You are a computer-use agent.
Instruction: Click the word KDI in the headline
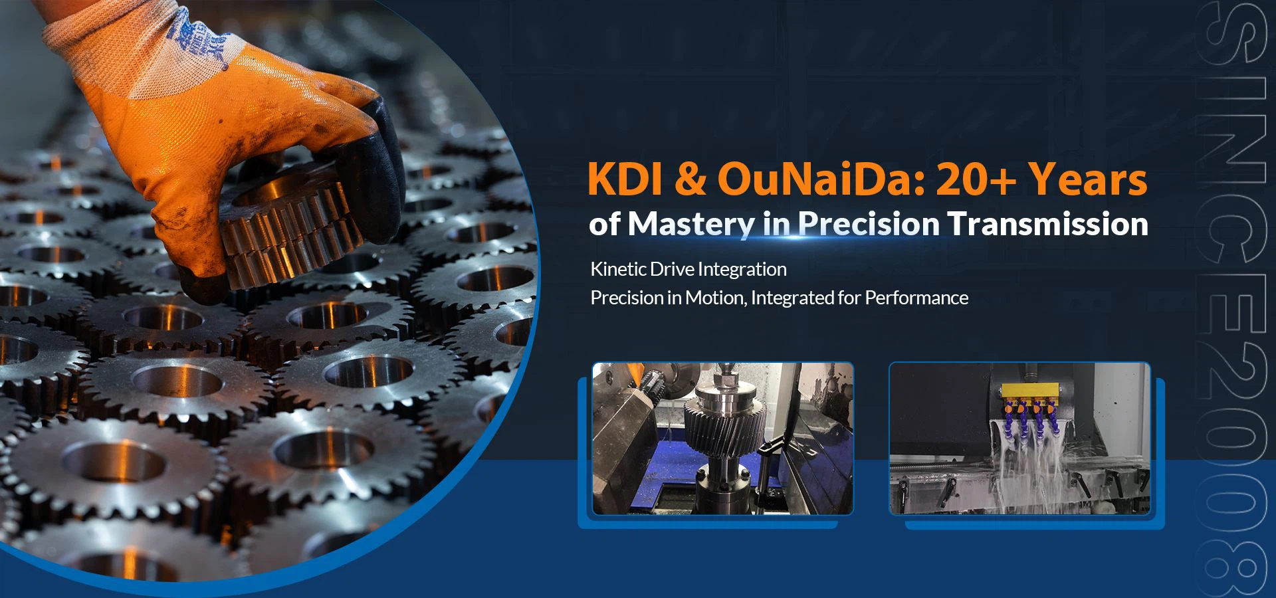point(626,179)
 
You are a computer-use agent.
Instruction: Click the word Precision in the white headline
point(869,224)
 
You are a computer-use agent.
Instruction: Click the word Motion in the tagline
point(715,298)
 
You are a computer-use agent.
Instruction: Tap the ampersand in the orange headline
point(691,180)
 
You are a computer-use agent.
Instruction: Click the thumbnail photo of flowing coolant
point(1019,439)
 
